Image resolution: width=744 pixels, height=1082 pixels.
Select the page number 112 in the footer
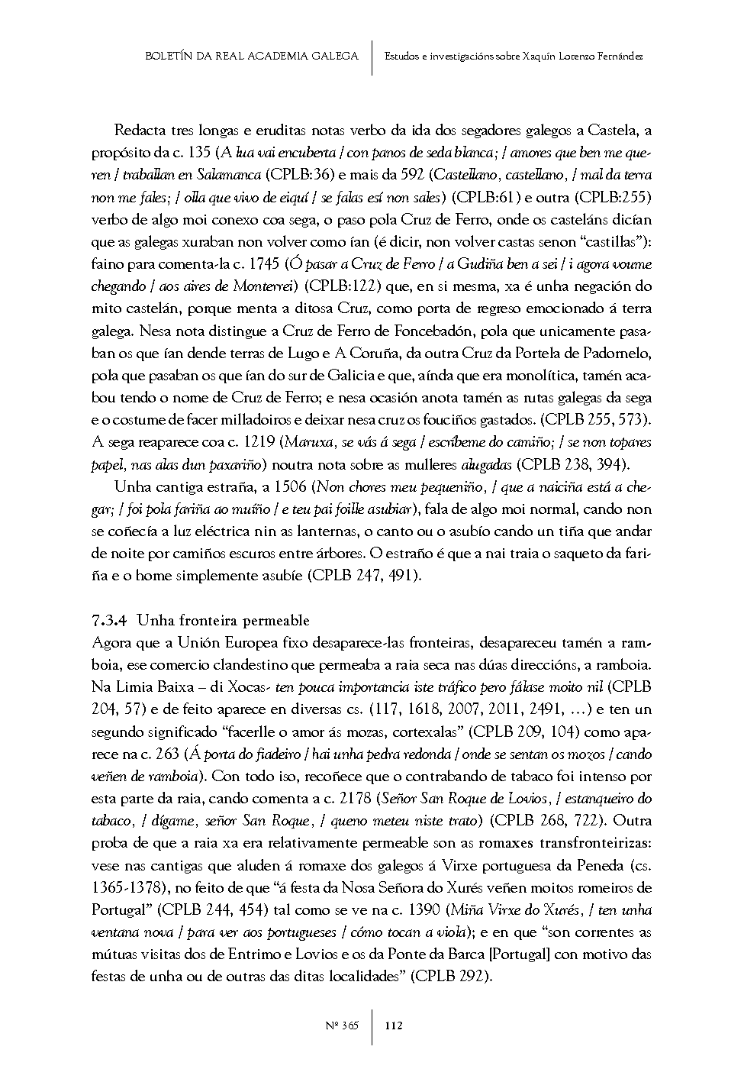coord(394,1025)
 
